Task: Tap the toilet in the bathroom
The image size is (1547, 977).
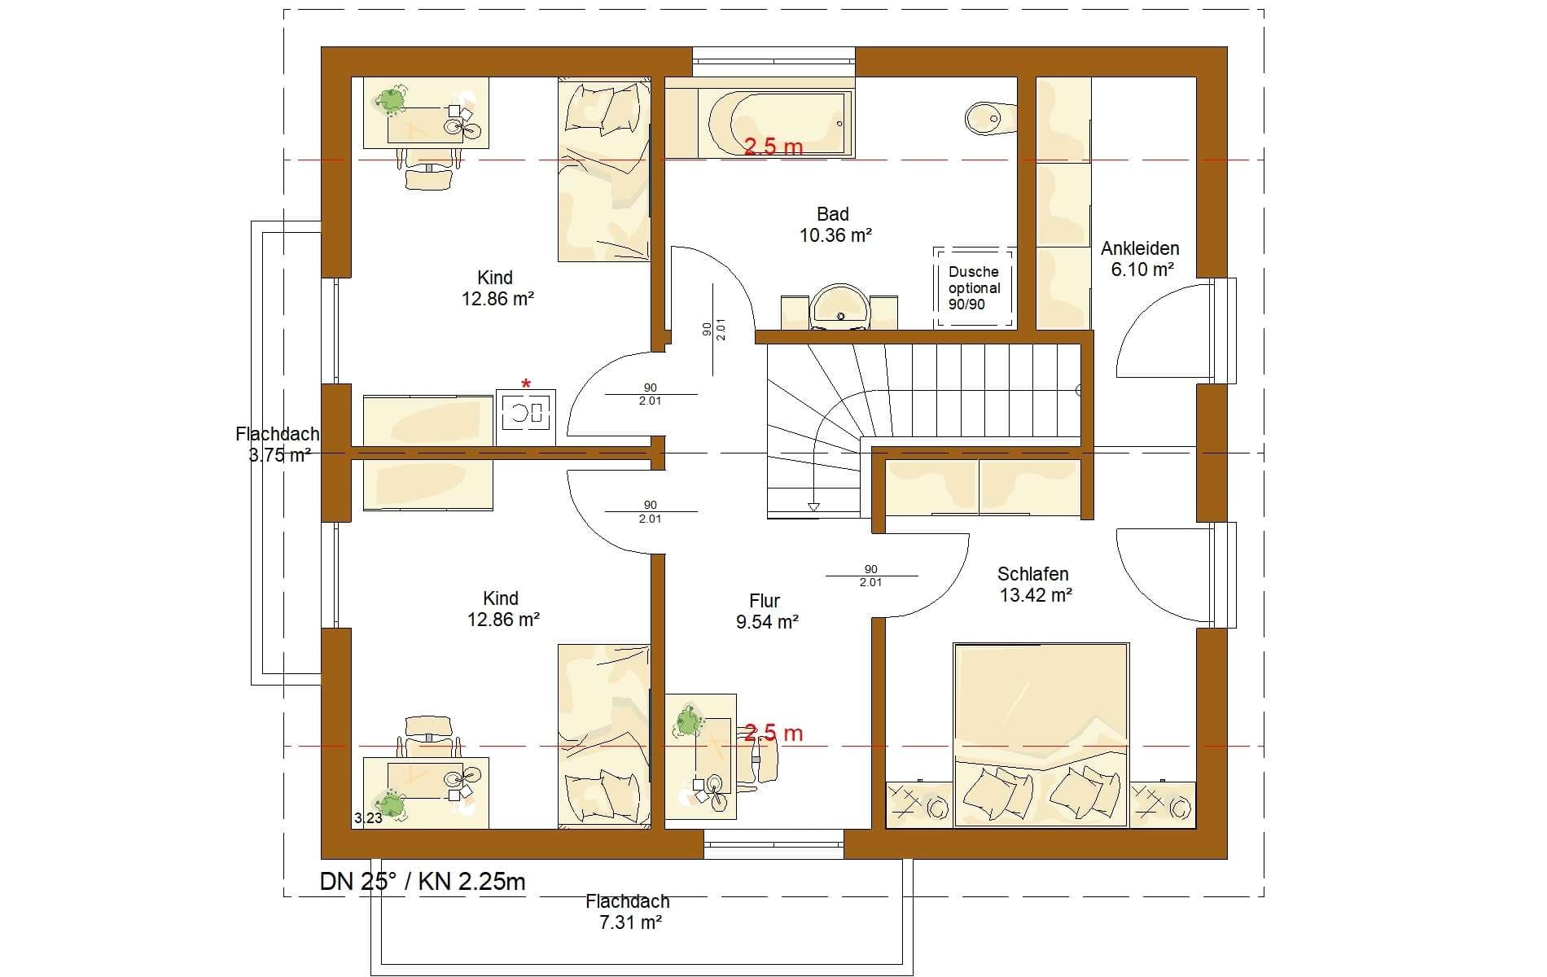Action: (x=990, y=118)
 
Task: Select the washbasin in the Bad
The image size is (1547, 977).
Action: (x=839, y=307)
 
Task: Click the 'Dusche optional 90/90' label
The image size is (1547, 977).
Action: (x=974, y=288)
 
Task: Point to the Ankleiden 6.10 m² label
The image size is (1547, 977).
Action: (x=1140, y=259)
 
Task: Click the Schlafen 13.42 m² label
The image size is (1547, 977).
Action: (x=1035, y=585)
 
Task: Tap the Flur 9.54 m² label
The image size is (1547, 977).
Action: (x=765, y=611)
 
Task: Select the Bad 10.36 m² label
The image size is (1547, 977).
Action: (x=835, y=225)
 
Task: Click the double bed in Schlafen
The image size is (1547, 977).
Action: (x=1041, y=735)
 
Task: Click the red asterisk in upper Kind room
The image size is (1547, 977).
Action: (x=526, y=383)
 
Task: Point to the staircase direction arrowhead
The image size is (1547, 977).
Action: (x=813, y=507)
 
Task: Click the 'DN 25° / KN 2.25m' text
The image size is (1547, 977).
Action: (x=423, y=882)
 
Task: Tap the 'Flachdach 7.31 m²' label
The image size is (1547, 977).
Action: (x=627, y=912)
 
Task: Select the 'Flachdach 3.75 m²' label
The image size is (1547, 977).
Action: (x=278, y=445)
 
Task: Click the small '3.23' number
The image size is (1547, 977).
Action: (x=368, y=818)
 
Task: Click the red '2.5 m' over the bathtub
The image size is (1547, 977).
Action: (x=773, y=147)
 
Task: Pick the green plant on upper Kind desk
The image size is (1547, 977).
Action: (x=390, y=99)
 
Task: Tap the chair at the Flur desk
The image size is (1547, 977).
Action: (x=761, y=756)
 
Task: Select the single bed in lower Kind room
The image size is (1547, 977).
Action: (x=604, y=736)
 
